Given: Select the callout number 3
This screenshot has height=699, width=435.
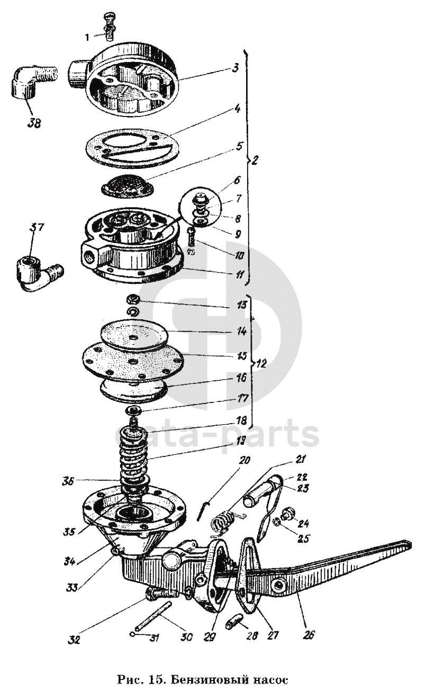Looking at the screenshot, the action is tap(237, 68).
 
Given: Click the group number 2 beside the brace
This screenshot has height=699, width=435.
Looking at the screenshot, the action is tap(256, 159).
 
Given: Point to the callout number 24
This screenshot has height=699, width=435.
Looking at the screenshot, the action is tap(304, 524).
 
